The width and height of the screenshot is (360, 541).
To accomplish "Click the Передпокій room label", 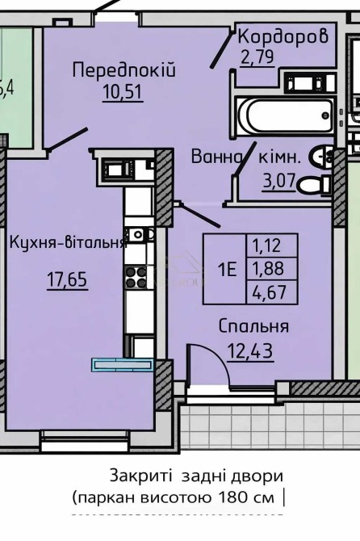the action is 124,70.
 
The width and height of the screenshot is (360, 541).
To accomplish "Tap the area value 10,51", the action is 123,92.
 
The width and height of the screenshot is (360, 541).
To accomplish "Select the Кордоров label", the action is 283,36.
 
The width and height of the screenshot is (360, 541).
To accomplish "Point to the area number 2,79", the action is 257,57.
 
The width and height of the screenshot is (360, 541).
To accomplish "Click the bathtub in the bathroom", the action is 285,115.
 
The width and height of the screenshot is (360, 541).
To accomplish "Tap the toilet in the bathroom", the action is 313,185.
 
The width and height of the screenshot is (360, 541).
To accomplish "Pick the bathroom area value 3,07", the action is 278,180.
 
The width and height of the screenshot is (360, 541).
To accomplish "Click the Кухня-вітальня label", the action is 69,242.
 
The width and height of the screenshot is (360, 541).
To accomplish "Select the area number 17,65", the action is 67,279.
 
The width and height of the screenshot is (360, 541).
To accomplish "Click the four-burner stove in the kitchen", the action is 136,278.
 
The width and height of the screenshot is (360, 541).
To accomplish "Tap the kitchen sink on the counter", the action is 139,234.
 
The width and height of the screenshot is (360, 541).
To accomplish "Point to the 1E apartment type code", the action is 228,269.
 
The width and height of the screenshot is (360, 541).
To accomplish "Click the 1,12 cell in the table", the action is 266,245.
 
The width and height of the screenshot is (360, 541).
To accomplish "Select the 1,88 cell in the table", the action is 268,268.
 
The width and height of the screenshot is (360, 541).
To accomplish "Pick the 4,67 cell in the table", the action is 270,291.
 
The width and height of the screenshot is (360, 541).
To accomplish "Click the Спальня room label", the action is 253,326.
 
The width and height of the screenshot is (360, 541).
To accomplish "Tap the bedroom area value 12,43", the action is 249,350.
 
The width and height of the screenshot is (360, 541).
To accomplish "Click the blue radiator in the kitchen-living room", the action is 123,365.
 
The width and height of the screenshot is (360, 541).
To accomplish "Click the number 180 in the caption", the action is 233,497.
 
